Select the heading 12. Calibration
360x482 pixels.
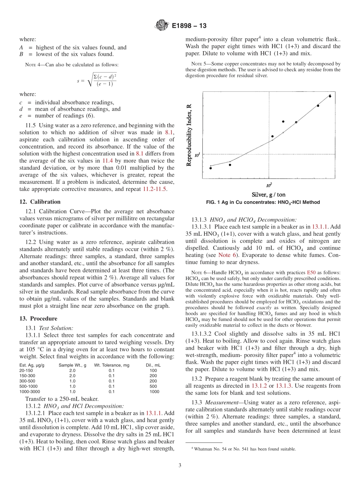[x=40, y=202]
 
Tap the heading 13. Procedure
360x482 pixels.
[x=38, y=318]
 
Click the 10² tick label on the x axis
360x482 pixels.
[x=269, y=185]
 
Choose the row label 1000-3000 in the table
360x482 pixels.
[x=30, y=391]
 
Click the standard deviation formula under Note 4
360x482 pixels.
[x=96, y=80]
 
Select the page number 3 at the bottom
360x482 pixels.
[x=180, y=465]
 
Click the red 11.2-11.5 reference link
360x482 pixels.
[x=155, y=189]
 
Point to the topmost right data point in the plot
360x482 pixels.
[x=330, y=96]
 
